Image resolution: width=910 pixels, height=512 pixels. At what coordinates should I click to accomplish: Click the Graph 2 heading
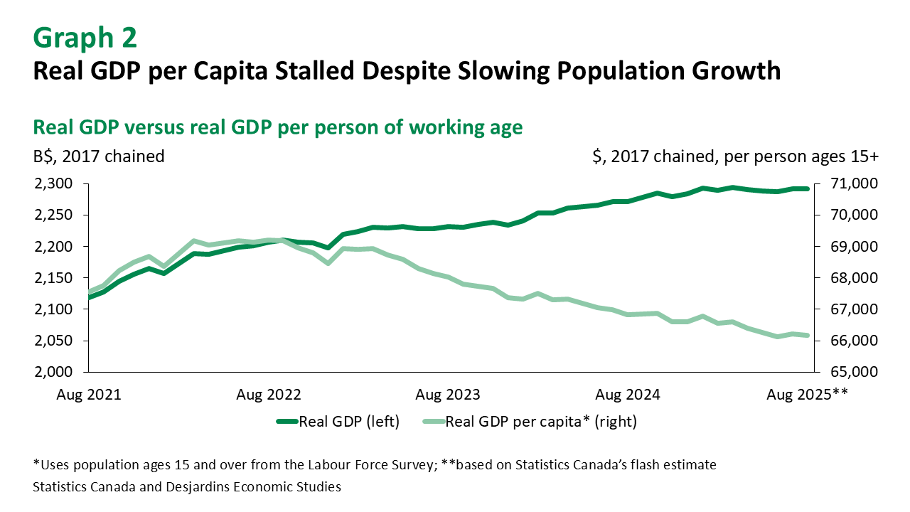(x=85, y=38)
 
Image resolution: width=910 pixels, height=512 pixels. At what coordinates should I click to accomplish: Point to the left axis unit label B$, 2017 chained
(x=99, y=156)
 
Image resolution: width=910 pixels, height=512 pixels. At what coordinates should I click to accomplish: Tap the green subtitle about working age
(x=278, y=127)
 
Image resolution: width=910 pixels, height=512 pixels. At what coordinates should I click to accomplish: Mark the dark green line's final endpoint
(x=807, y=188)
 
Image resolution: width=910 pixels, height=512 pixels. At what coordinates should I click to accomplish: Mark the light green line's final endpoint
(x=807, y=335)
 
